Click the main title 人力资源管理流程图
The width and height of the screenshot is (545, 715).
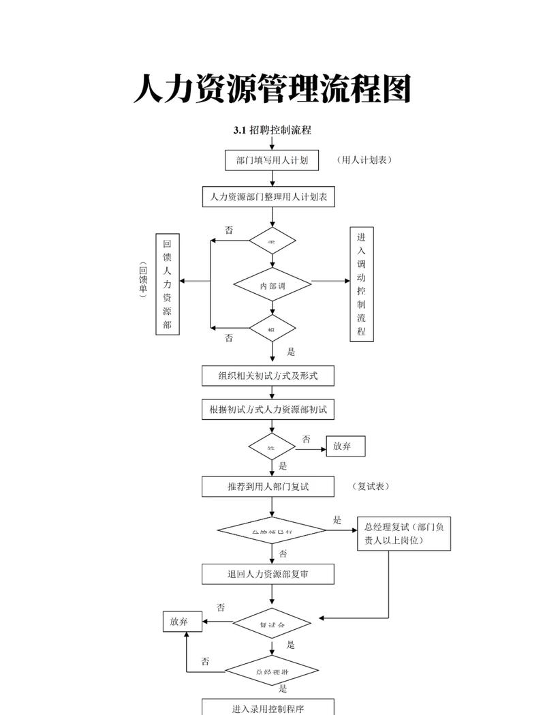tap(272, 89)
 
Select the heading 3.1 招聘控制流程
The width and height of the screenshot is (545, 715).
tap(272, 130)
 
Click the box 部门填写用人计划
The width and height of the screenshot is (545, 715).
tap(272, 160)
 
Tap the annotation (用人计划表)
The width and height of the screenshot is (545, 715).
tap(364, 160)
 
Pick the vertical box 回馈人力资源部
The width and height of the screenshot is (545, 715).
tap(168, 284)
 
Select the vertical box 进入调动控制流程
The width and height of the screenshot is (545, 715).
tap(361, 284)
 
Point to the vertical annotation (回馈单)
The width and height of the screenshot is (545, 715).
tap(143, 281)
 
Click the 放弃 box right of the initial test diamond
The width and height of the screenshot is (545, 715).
tap(345, 446)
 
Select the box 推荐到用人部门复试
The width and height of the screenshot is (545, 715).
tap(268, 487)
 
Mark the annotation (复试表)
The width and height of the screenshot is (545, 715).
tap(372, 487)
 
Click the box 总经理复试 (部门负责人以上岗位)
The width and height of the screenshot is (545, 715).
tap(404, 534)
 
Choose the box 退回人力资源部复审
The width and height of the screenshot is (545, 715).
tap(268, 574)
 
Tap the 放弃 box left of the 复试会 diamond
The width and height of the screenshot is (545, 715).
tap(183, 622)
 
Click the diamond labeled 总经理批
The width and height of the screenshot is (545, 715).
tap(272, 671)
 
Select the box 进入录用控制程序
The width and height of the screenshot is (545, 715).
tap(268, 707)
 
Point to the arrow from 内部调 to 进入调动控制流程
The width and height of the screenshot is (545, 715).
tap(330, 281)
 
